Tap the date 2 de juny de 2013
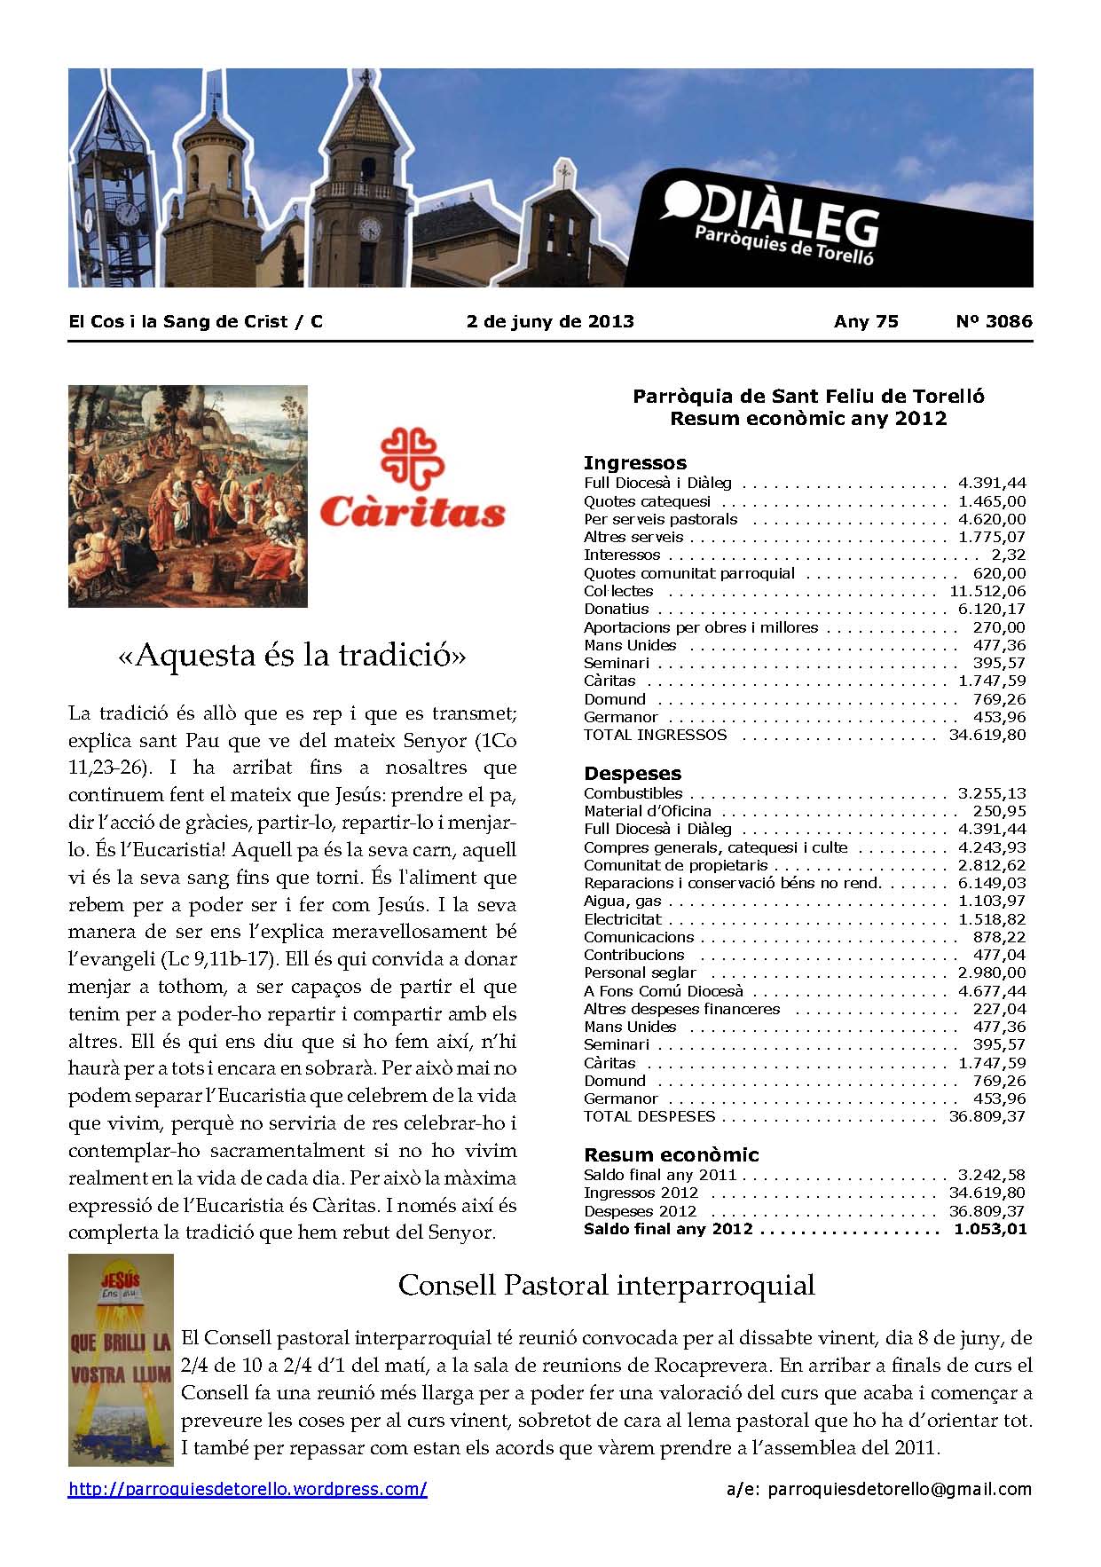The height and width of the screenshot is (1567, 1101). [x=550, y=321]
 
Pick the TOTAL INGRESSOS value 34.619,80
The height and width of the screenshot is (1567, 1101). [x=987, y=735]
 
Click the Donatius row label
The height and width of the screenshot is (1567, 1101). [x=617, y=609]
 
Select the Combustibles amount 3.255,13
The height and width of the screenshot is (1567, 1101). [x=991, y=793]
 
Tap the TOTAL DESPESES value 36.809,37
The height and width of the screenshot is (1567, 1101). [x=987, y=1116]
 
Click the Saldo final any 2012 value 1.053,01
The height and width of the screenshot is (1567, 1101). [x=990, y=1229]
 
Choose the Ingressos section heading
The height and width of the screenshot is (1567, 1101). [x=635, y=463]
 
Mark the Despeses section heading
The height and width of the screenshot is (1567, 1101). [x=633, y=774]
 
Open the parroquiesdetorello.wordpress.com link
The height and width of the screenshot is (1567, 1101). [x=248, y=1489]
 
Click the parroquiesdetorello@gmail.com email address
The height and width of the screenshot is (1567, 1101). [x=900, y=1489]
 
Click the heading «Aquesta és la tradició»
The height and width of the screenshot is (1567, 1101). [x=292, y=657]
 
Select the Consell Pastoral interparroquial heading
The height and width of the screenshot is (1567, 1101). [x=606, y=1285]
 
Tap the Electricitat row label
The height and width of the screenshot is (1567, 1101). [x=623, y=919]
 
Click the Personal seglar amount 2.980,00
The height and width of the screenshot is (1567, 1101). [x=991, y=973]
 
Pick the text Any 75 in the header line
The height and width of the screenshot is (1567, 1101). [x=866, y=321]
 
